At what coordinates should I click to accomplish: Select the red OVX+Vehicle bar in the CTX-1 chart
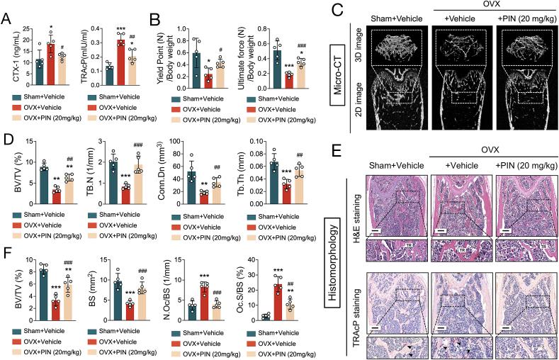(50, 57)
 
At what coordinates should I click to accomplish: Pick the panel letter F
(6, 250)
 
